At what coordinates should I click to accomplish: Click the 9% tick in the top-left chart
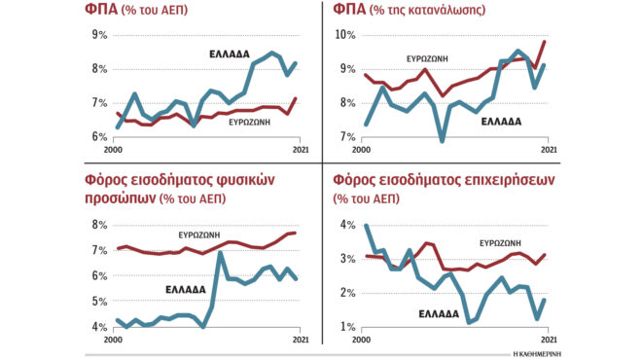pos(98,35)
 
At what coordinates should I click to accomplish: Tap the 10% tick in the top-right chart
pos(345,35)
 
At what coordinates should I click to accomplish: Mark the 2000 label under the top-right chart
pos(361,149)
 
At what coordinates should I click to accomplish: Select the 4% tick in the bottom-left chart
pos(98,327)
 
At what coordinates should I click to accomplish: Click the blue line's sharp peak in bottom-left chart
pos(221,253)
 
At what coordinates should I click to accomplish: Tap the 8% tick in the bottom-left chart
pos(98,225)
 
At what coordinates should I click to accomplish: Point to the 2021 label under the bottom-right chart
pos(549,340)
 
